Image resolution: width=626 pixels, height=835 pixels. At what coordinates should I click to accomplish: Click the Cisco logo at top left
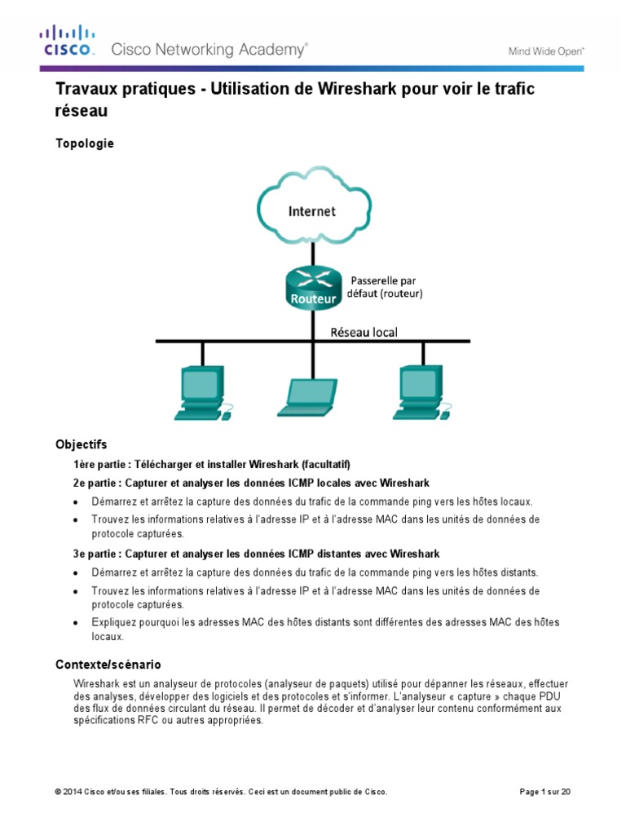(68, 41)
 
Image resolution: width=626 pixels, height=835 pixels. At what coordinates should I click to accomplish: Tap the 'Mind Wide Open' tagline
(546, 51)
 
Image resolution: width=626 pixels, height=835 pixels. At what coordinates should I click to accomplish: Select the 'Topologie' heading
(85, 144)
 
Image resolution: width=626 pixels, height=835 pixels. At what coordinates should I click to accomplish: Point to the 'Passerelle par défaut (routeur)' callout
(387, 286)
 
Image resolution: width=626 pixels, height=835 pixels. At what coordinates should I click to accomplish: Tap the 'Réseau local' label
(364, 333)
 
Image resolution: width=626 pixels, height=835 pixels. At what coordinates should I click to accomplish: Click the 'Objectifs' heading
(81, 444)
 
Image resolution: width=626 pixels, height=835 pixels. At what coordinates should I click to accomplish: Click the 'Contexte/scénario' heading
(113, 665)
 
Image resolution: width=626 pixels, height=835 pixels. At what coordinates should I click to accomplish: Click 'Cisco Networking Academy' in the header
(209, 50)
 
